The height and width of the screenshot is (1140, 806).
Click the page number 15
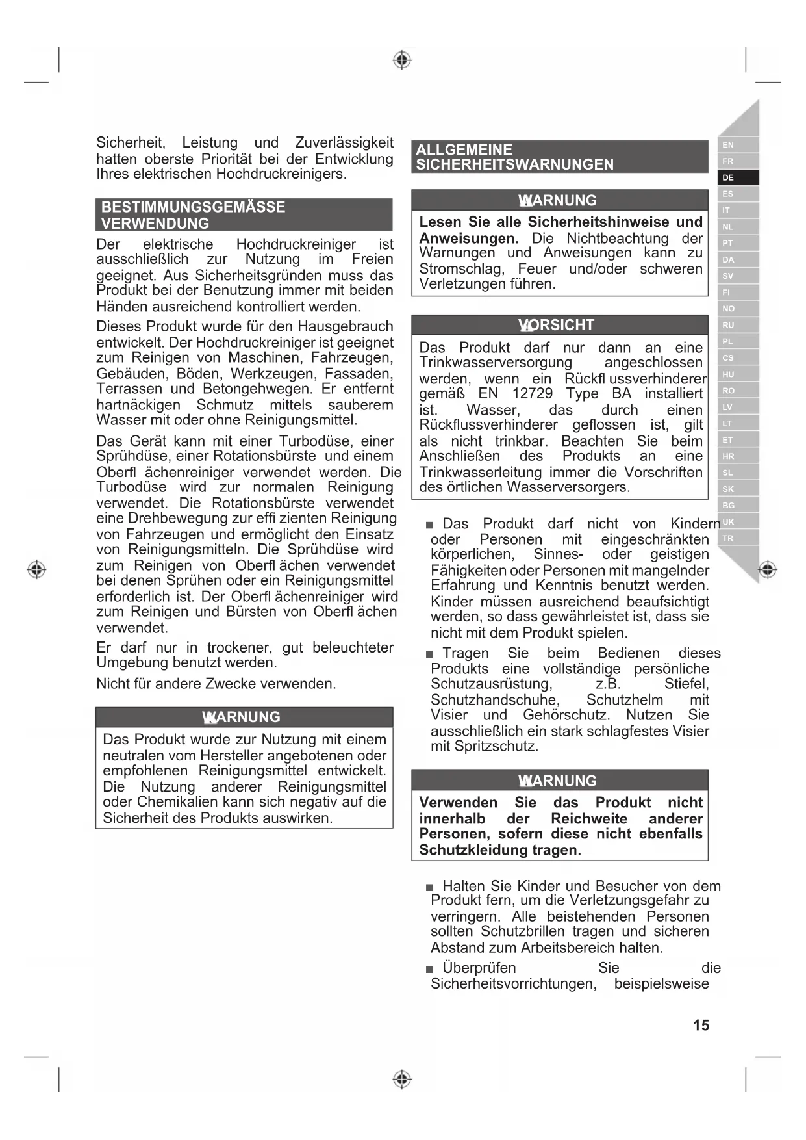[701, 1025]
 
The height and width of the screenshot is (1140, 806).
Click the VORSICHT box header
[559, 325]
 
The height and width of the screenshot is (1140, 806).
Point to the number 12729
[532, 394]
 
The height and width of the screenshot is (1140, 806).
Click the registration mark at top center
[403, 60]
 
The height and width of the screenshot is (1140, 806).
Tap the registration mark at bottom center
[403, 1080]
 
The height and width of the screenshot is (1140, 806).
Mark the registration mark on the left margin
[36, 569]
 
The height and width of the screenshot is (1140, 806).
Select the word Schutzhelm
[625, 700]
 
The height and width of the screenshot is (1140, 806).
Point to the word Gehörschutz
[566, 716]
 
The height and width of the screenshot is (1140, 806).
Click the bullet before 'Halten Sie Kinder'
[429, 887]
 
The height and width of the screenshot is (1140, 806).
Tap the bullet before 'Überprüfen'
[429, 969]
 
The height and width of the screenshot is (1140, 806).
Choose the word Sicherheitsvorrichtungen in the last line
[513, 984]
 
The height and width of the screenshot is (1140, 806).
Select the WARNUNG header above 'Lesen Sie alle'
[559, 200]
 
